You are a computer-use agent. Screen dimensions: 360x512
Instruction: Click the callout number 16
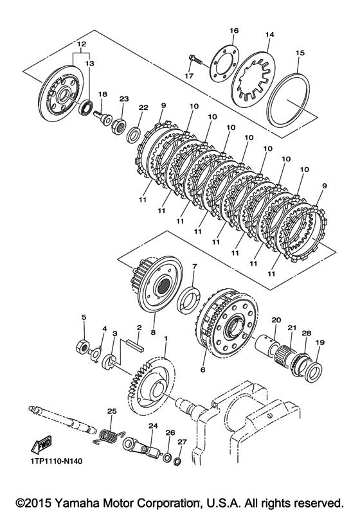coord(234,31)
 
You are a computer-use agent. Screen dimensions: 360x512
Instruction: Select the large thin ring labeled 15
coord(288,103)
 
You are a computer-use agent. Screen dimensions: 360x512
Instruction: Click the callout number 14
coord(270,34)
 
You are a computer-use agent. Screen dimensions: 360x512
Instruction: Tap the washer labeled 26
coord(168,457)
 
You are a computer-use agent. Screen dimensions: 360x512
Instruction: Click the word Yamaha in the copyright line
coord(75,502)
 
